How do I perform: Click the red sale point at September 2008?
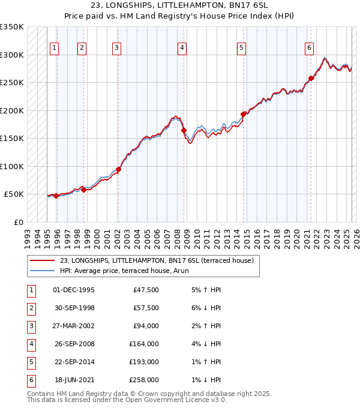[184, 130]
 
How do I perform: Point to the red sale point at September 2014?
[243, 114]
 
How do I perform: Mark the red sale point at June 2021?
[311, 78]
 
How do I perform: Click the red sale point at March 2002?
[118, 169]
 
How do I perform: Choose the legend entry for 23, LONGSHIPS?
[157, 260]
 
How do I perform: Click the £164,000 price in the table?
[144, 344]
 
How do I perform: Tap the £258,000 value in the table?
[144, 380]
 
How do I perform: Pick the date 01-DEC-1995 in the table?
[73, 290]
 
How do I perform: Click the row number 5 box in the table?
[31, 362]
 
